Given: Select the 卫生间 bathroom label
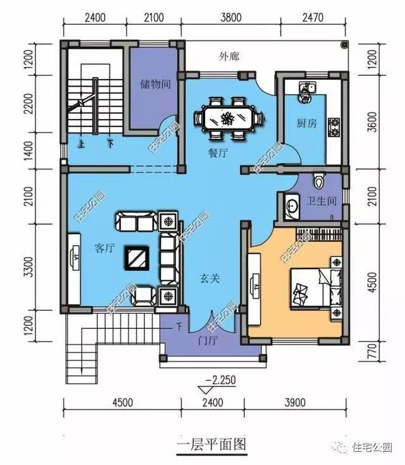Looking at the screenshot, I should tap(321, 202).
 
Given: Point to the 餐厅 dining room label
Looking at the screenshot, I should tap(218, 152).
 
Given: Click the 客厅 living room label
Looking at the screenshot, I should tap(104, 248).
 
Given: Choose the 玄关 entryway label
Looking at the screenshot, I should tap(210, 277).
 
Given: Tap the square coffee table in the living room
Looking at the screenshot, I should tap(136, 257).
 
